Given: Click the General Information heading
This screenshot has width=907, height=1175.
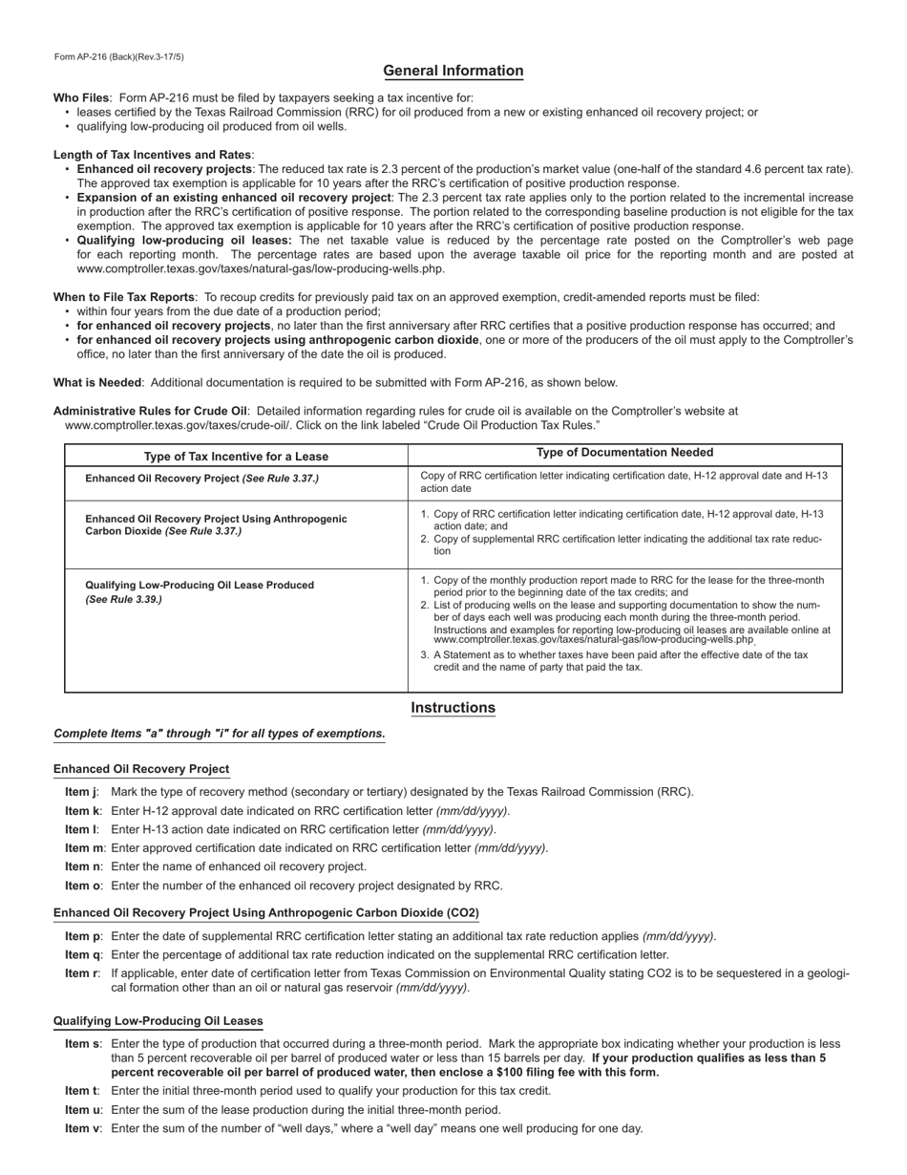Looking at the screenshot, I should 453,71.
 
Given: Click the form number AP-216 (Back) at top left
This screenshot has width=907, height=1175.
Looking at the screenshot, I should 119,57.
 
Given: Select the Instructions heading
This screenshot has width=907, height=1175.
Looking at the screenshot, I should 453,708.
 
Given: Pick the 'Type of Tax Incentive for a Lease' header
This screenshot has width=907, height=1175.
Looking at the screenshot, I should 236,457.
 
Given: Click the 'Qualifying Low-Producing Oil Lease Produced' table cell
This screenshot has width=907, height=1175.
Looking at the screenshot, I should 200,585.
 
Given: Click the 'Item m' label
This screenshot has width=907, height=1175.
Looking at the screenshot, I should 84,848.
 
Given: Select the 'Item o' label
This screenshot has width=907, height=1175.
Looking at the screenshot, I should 82,886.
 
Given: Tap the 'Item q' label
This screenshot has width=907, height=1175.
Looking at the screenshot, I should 82,954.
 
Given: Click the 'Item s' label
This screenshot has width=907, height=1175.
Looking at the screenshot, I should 82,1044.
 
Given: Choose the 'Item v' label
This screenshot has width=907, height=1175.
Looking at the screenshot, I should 82,1128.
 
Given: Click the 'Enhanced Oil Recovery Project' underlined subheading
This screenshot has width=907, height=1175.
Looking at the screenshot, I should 141,769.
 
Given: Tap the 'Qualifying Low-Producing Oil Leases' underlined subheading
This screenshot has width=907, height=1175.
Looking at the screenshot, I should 158,1021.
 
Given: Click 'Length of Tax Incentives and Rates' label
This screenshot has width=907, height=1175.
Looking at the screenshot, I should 153,155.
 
